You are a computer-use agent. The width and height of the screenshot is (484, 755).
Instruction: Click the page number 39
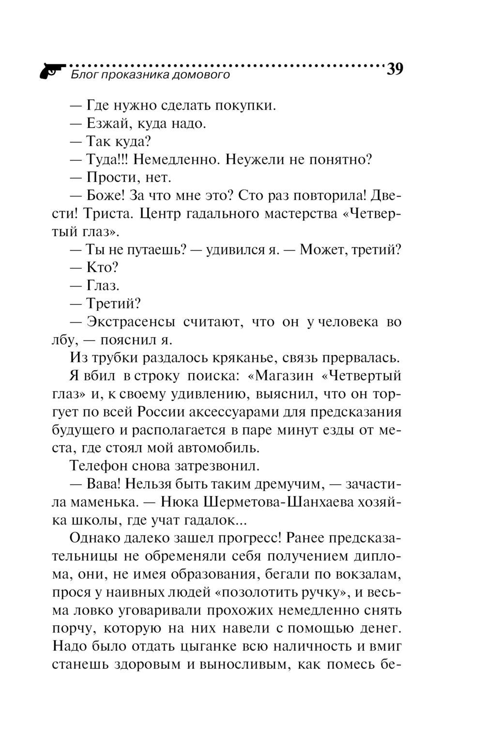[x=394, y=70]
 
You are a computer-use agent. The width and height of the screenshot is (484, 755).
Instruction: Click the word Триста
[x=110, y=214]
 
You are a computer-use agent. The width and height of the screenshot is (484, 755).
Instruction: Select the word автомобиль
[x=228, y=448]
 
